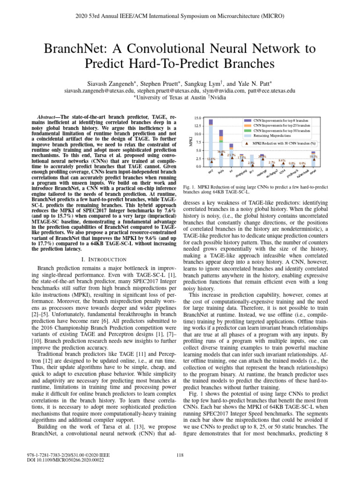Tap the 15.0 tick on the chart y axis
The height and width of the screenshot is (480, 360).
[198, 118]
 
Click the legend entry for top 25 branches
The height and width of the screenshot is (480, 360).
[284, 126]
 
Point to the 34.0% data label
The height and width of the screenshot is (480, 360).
[221, 152]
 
